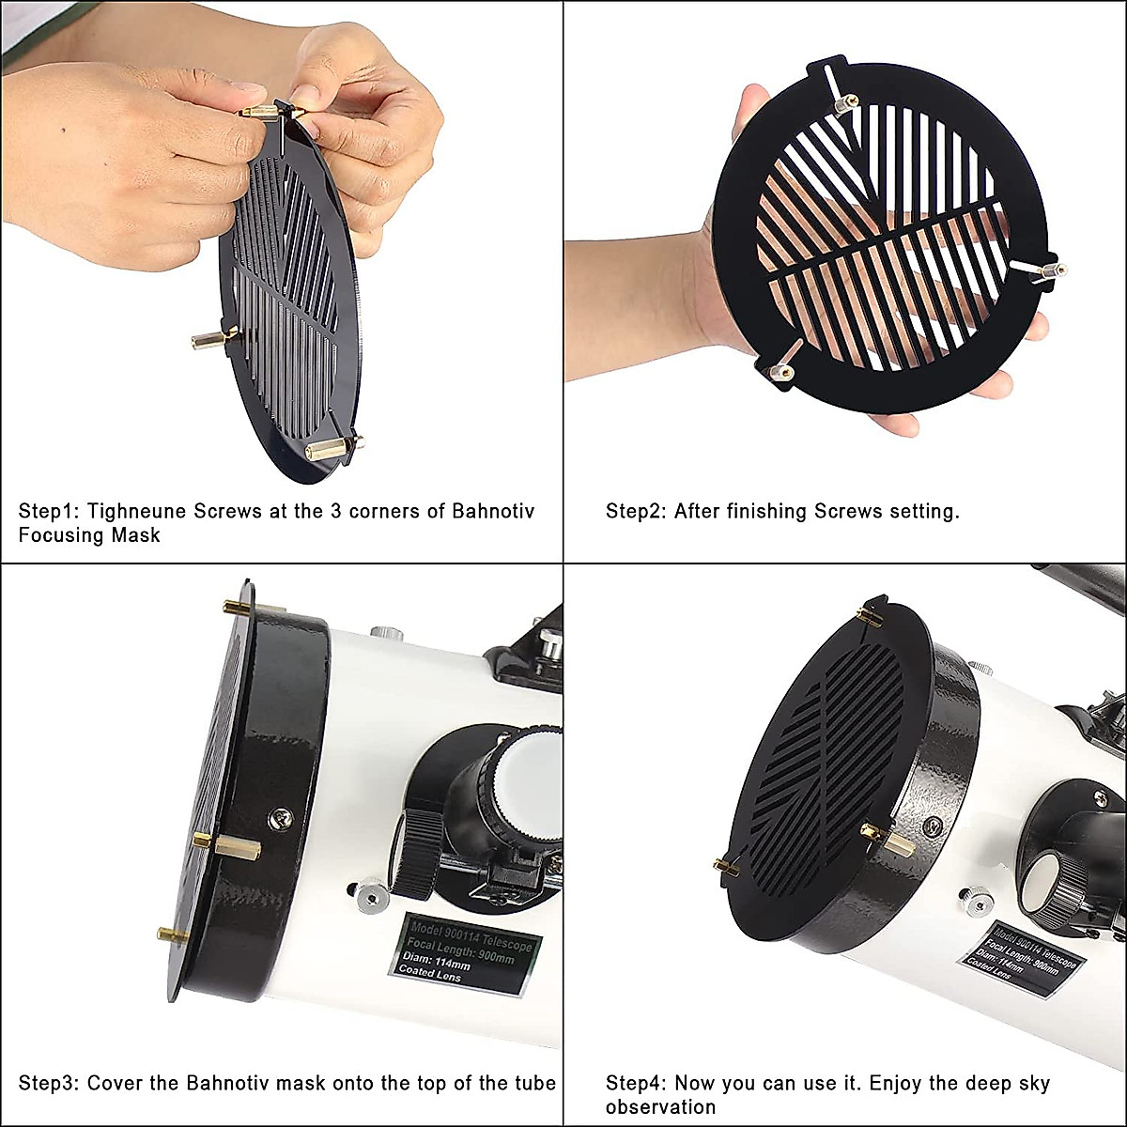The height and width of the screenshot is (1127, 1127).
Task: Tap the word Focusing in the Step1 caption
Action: (x=61, y=535)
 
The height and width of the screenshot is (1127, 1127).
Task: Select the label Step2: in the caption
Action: (x=637, y=512)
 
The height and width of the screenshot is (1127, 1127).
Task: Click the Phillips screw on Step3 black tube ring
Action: (x=280, y=820)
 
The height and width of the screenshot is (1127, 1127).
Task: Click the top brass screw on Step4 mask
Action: (x=869, y=616)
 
